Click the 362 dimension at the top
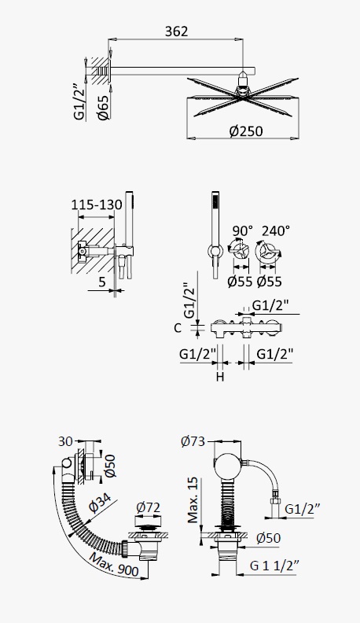[176, 31]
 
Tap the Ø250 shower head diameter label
[246, 131]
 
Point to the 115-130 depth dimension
[97, 205]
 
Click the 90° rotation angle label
[242, 230]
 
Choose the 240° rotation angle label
[275, 230]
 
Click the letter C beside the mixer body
[178, 328]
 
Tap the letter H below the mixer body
[220, 377]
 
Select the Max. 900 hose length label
[114, 565]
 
